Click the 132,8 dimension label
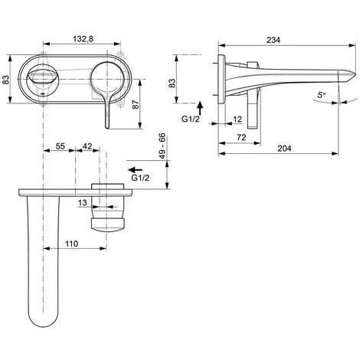[x=83, y=39]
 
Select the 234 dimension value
[x=273, y=40]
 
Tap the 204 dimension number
[x=284, y=149]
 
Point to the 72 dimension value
[x=241, y=137]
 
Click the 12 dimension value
[x=237, y=119]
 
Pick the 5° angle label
[x=322, y=95]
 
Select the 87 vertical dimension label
[x=136, y=104]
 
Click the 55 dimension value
[x=61, y=146]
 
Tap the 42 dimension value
[x=87, y=146]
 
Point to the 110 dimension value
[x=71, y=244]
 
